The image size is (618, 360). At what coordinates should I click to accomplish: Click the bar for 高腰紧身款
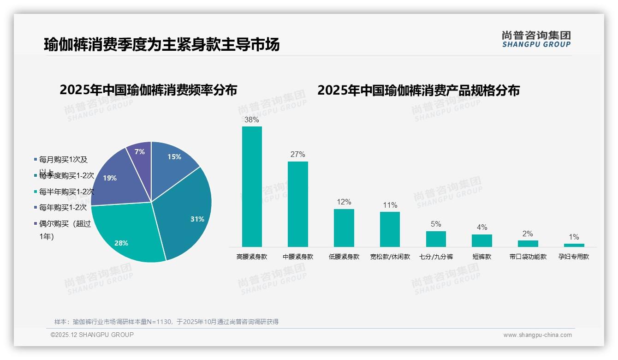(x=252, y=186)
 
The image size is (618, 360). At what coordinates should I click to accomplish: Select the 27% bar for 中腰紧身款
(x=297, y=204)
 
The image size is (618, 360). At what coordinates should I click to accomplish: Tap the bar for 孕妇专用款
(x=574, y=245)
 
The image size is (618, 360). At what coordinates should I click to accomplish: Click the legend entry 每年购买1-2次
(x=63, y=208)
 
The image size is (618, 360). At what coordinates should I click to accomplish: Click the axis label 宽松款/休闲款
(x=390, y=257)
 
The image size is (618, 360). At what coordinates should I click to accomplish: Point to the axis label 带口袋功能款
(x=528, y=257)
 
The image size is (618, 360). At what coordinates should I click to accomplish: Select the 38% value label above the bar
(x=251, y=120)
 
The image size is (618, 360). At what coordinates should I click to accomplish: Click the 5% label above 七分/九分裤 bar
(x=436, y=224)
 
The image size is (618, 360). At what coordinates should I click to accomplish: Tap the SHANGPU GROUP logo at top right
(x=536, y=39)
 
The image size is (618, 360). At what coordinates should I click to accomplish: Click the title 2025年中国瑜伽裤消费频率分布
(x=148, y=90)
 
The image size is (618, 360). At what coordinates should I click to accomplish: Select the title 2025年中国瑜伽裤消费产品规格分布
(x=418, y=90)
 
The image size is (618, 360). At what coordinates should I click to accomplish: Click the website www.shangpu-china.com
(x=537, y=335)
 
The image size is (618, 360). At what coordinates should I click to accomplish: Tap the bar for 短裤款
(x=481, y=240)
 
